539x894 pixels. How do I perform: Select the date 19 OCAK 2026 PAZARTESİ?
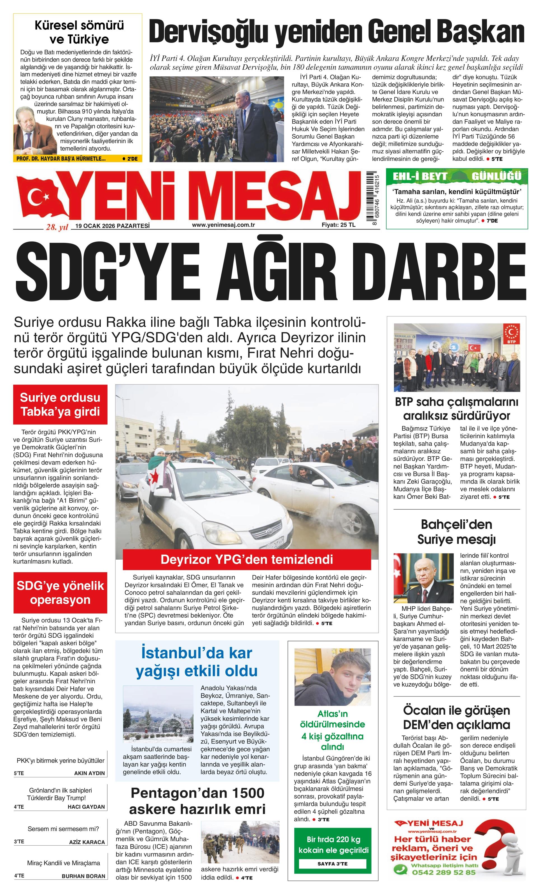pyautogui.click(x=113, y=226)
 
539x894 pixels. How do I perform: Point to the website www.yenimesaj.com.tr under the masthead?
pyautogui.click(x=223, y=225)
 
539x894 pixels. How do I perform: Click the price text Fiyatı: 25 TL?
pyautogui.click(x=338, y=225)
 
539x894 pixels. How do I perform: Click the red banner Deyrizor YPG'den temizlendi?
pyautogui.click(x=247, y=559)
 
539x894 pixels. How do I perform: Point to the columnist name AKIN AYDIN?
pyautogui.click(x=89, y=773)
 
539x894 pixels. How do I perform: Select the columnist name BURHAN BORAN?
pyautogui.click(x=83, y=883)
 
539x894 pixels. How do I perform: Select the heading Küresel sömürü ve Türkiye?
pyautogui.click(x=79, y=32)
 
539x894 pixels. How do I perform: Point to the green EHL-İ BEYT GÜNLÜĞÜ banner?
pyautogui.click(x=457, y=177)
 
